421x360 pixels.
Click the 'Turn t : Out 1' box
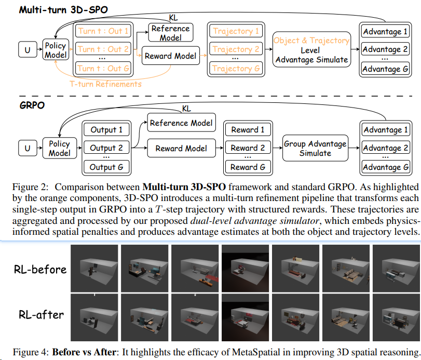(x=103, y=31)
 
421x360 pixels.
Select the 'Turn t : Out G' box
(x=103, y=68)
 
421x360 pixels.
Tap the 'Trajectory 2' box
(x=236, y=50)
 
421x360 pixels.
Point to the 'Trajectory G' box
(x=236, y=68)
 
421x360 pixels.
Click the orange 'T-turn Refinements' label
(x=106, y=83)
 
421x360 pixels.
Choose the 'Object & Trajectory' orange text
(x=311, y=41)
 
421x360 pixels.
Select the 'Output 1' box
(x=106, y=130)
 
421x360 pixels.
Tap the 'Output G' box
(x=106, y=167)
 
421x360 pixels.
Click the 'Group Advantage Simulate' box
(x=315, y=149)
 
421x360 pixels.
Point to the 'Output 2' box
(x=106, y=148)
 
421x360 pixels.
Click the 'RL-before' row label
(x=40, y=269)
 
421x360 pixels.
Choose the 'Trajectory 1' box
(x=236, y=31)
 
